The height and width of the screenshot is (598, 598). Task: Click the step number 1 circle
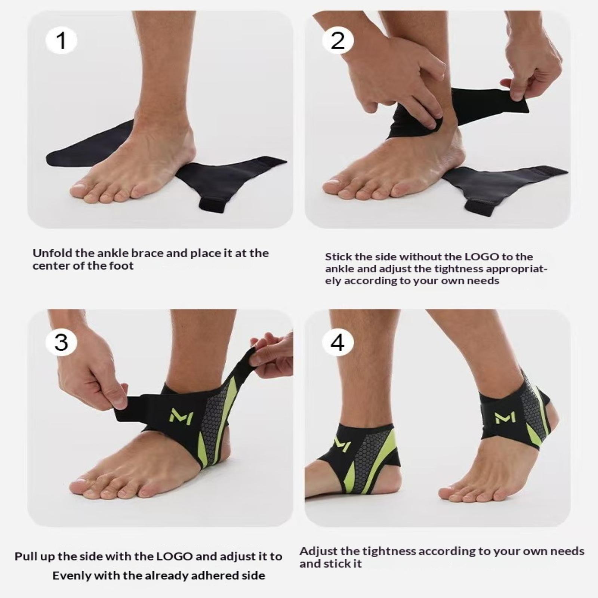click(61, 41)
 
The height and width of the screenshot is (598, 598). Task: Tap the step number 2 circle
click(337, 41)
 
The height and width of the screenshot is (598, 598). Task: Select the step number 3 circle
click(61, 342)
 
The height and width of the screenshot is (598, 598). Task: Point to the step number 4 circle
click(337, 342)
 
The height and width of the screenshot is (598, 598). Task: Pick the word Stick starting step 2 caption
click(335, 257)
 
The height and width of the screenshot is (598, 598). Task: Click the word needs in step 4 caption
click(568, 551)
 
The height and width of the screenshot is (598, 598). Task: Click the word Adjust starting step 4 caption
click(317, 552)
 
